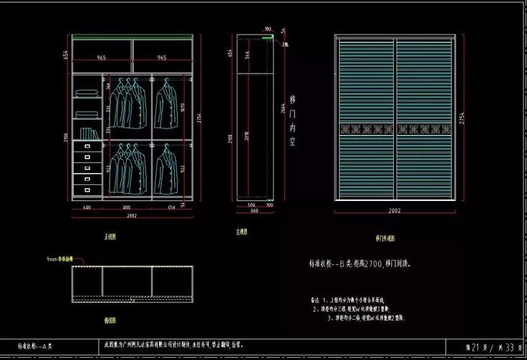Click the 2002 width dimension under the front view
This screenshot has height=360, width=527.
pyautogui.click(x=132, y=215)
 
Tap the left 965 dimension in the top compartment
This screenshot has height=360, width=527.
pyautogui.click(x=102, y=57)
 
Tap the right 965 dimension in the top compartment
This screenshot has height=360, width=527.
pyautogui.click(x=162, y=57)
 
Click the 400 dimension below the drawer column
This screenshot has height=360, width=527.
pyautogui.click(x=86, y=207)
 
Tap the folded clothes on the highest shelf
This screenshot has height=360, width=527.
pyautogui.click(x=86, y=92)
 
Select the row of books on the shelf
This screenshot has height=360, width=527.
pyautogui.click(x=88, y=133)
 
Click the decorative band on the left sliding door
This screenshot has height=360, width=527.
pyautogui.click(x=366, y=130)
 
